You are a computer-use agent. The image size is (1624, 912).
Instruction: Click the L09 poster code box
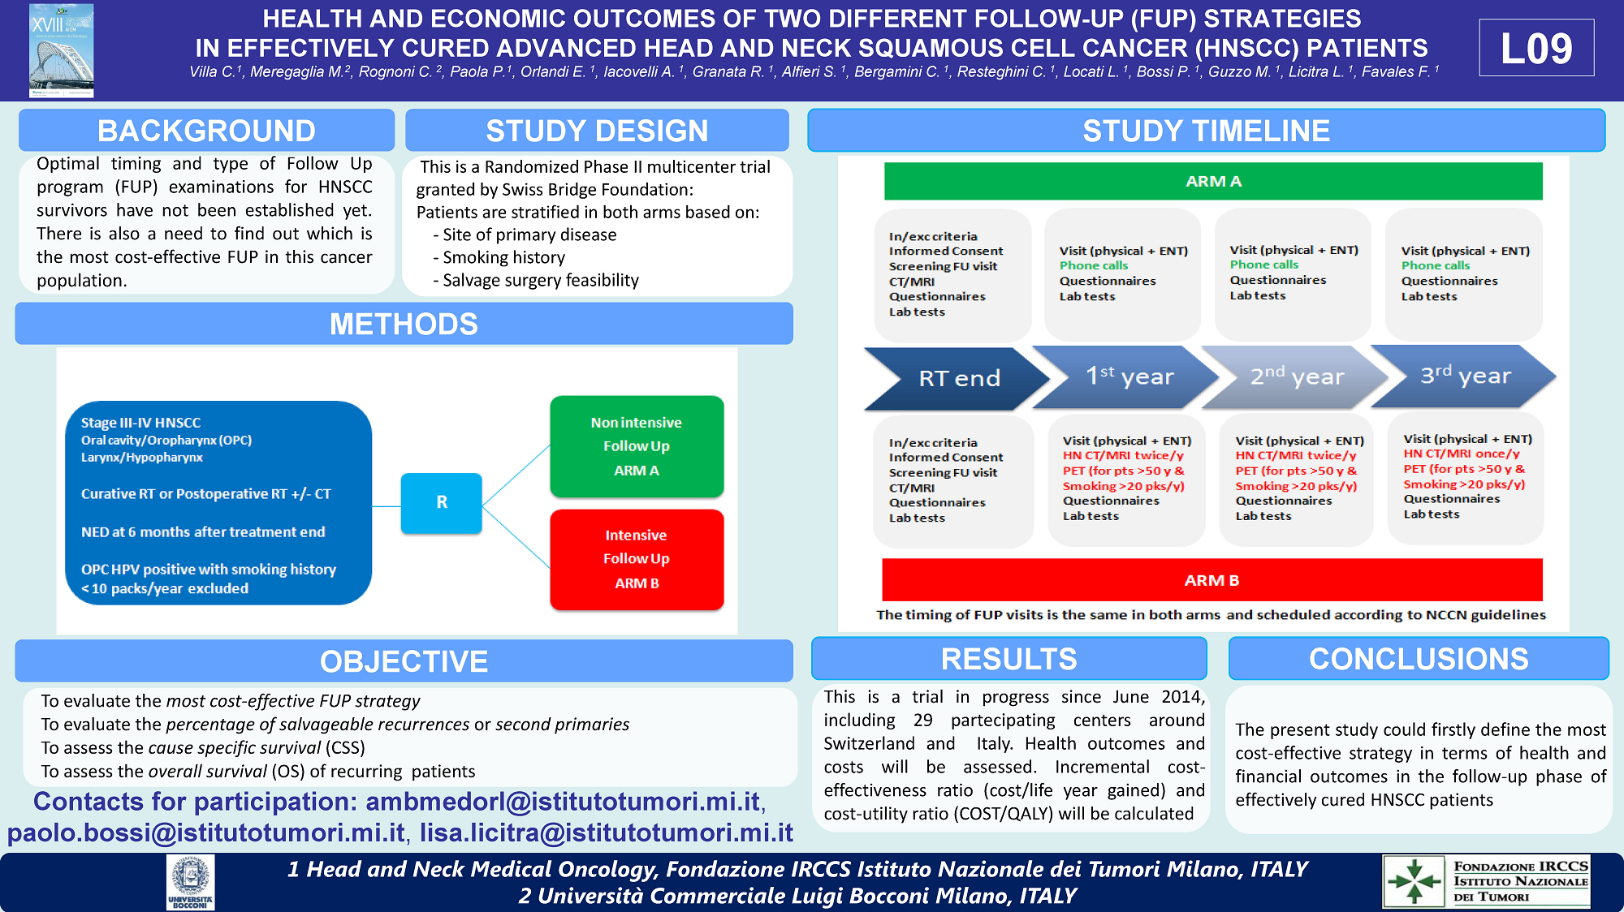1535,48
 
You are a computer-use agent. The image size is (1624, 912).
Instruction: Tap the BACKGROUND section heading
206,131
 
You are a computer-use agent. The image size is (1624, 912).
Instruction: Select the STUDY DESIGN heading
597,131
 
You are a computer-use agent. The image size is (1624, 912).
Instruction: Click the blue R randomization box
441,502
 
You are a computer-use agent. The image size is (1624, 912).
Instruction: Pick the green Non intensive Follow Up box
637,446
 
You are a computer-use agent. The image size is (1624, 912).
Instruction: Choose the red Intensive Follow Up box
637,559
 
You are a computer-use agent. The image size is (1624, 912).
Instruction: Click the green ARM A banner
1213,181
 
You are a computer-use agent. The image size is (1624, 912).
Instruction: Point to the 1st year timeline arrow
1129,376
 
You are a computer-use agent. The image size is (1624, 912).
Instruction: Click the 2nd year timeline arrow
1297,376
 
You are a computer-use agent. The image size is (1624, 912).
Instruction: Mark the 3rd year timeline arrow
1465,376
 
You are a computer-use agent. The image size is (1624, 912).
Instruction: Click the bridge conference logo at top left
61,50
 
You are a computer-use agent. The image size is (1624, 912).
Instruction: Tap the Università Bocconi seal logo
191,881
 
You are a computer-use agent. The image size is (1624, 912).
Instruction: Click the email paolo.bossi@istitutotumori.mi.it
206,833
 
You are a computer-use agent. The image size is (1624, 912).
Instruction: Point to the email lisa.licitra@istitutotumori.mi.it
606,833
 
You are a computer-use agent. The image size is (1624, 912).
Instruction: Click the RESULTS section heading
1009,659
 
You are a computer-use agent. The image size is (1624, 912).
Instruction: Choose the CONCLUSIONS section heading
1418,659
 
